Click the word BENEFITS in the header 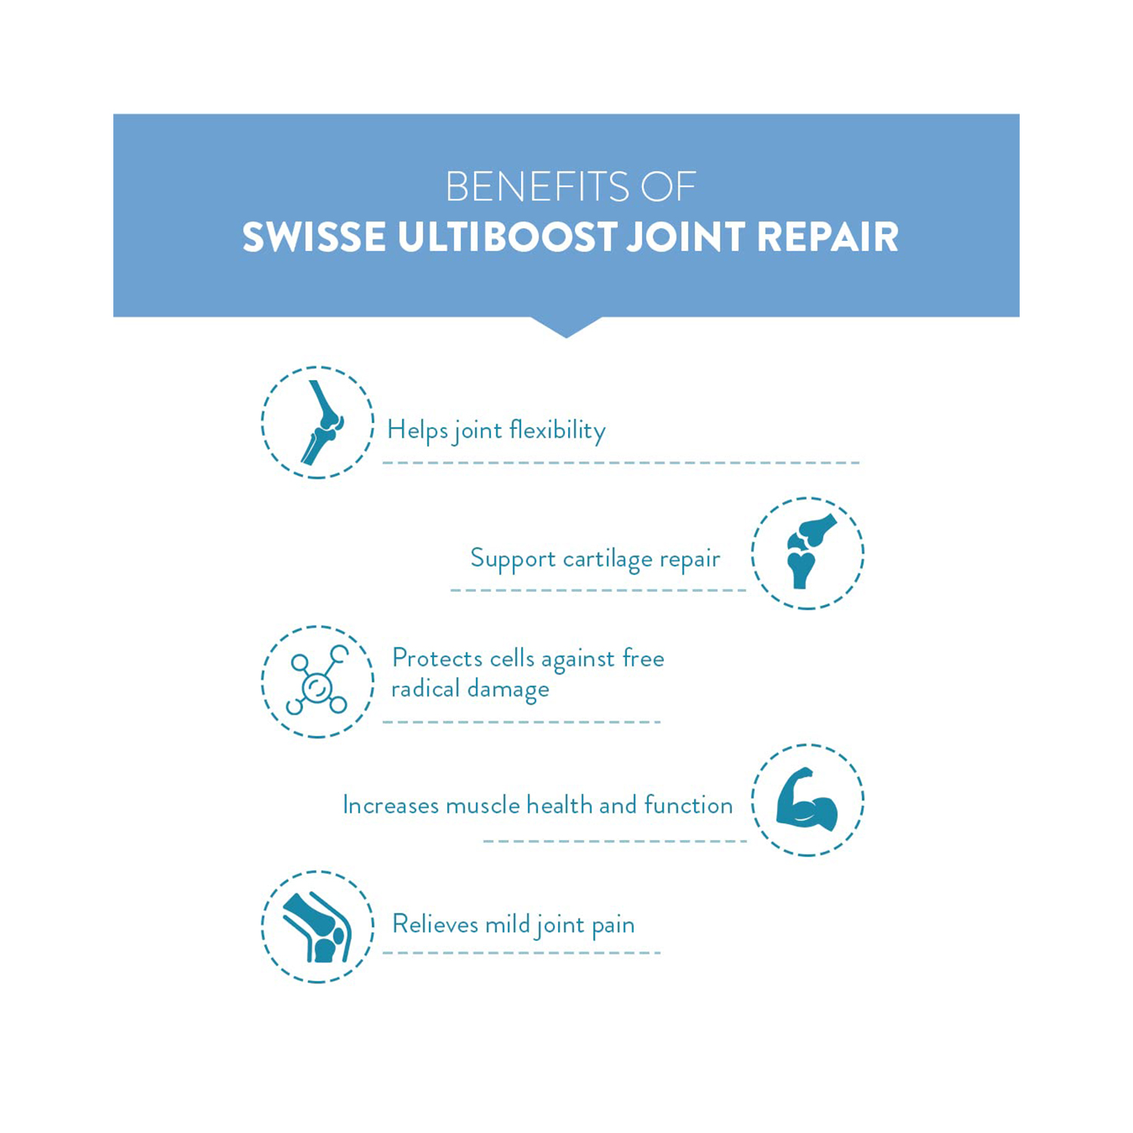tap(537, 187)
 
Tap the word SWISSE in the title tap(313, 237)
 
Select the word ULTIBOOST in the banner tap(508, 237)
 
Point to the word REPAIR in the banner tap(828, 237)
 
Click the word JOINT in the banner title tap(687, 237)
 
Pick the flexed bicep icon tap(807, 799)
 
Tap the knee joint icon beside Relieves tap(318, 928)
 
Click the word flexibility tap(557, 430)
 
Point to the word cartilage tap(608, 558)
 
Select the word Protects tap(437, 658)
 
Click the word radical tap(425, 688)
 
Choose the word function tap(689, 804)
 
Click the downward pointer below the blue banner tap(566, 326)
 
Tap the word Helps tap(418, 430)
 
